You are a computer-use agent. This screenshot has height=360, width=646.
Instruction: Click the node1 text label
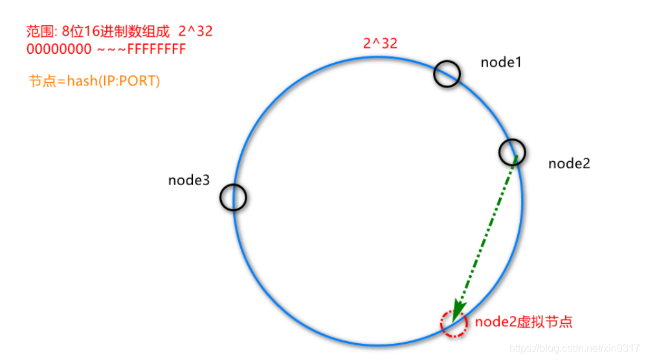click(500, 62)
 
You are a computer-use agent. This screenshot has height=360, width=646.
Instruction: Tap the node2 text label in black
click(569, 164)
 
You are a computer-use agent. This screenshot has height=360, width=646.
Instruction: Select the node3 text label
click(189, 181)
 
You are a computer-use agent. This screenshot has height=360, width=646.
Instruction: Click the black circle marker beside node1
click(447, 74)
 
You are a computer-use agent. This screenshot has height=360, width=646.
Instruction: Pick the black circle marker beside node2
click(512, 152)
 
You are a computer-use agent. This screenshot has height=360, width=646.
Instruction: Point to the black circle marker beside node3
click(233, 197)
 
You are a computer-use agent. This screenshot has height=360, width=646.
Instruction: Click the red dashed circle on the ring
click(453, 323)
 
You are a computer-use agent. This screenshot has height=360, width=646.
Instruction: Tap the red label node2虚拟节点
click(524, 322)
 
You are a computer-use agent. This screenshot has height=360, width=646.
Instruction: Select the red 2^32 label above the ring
click(380, 44)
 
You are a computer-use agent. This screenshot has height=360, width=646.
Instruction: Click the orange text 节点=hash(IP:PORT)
click(94, 82)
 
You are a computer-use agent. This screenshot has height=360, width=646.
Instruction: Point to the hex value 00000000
click(59, 49)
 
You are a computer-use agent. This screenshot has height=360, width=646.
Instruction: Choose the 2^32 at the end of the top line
click(195, 31)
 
